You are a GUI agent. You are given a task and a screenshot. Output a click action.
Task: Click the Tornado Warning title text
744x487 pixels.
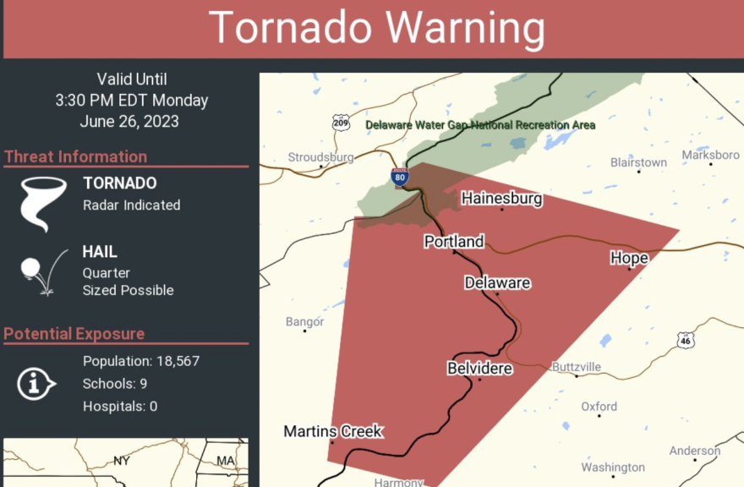click(376, 28)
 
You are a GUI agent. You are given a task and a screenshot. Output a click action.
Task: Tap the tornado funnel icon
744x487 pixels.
click(41, 204)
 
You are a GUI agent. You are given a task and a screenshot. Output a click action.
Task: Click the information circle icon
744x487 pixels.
click(35, 384)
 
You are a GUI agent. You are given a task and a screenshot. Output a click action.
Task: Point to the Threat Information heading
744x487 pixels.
click(75, 156)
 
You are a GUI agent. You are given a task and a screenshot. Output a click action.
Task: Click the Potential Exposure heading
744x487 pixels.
click(74, 334)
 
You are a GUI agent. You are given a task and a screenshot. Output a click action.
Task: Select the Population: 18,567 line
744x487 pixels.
click(141, 362)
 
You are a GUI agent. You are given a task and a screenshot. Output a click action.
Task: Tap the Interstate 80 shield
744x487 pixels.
click(400, 178)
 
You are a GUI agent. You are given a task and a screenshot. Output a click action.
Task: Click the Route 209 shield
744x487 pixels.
click(340, 123)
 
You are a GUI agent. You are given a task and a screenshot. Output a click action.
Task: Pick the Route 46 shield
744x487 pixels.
click(685, 340)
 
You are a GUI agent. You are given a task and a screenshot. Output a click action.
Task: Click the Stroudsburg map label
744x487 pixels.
click(320, 157)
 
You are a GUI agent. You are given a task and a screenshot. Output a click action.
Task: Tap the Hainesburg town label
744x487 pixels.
click(501, 199)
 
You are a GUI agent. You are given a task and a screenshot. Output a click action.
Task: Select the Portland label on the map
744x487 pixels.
click(454, 242)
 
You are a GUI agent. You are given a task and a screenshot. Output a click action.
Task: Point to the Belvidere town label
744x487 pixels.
click(479, 369)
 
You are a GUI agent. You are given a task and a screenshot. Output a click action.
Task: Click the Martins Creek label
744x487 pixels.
click(333, 432)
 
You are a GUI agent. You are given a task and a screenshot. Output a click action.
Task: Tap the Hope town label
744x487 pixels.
click(629, 258)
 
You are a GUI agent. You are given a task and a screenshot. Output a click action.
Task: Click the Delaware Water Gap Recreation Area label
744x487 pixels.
click(480, 125)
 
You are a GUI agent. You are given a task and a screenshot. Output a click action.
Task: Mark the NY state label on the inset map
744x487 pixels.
click(122, 462)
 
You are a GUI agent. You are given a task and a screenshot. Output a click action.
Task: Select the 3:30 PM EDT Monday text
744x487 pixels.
click(132, 101)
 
